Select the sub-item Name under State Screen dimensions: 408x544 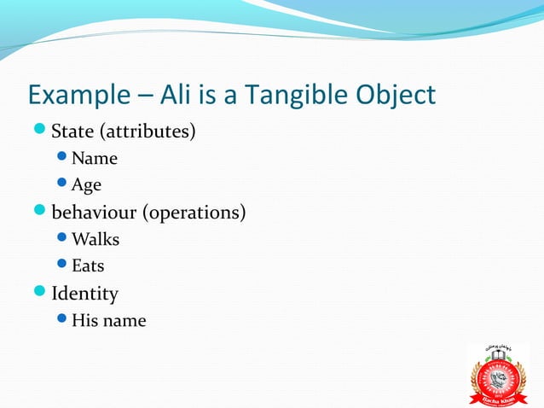pyautogui.click(x=95, y=158)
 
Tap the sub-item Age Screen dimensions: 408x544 pyautogui.click(x=87, y=185)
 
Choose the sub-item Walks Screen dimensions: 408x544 pyautogui.click(x=95, y=239)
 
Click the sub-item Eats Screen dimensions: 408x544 pyautogui.click(x=88, y=266)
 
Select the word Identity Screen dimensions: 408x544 pyautogui.click(x=85, y=294)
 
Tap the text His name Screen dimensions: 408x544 pyautogui.click(x=109, y=321)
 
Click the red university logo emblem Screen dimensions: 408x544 pyautogui.click(x=499, y=374)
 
